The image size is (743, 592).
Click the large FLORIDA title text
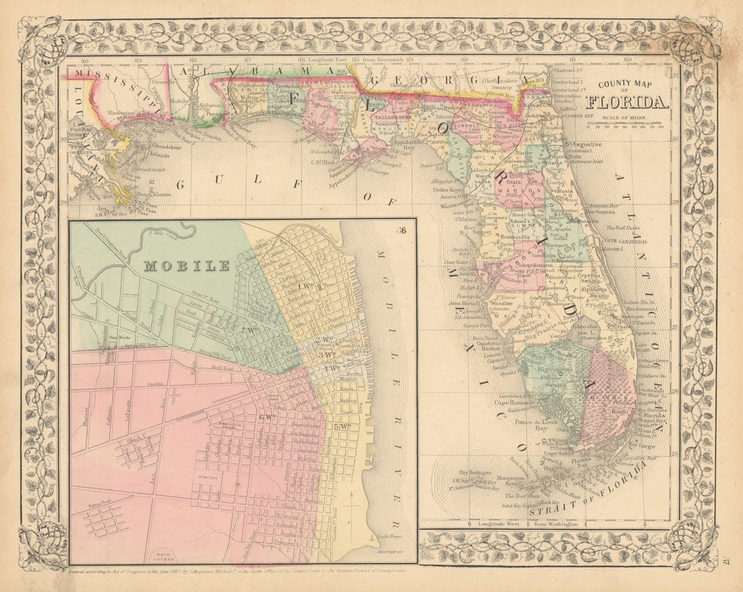coord(627,103)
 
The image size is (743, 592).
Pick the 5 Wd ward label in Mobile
coord(340,426)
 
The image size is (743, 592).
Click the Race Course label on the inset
coord(164,556)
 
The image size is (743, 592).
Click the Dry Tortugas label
coord(472,472)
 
